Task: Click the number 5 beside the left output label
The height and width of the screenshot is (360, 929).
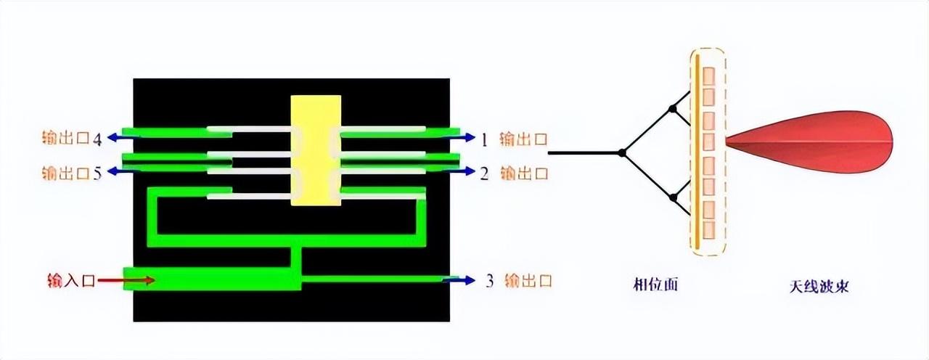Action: coord(97,174)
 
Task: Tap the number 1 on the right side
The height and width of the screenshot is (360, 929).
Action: coord(484,139)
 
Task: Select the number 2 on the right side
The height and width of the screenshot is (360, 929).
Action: coord(484,174)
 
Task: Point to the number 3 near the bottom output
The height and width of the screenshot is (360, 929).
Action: coord(490,281)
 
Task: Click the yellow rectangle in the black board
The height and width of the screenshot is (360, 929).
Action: coord(316,150)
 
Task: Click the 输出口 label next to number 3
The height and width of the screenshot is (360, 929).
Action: coord(528,281)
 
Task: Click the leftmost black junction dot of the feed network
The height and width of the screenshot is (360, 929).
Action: coord(621,152)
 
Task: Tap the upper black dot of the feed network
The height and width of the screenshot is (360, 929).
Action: coord(673,110)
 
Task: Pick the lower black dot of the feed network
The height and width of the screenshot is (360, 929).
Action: coord(673,197)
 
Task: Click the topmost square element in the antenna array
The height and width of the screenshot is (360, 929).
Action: coord(710,75)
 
